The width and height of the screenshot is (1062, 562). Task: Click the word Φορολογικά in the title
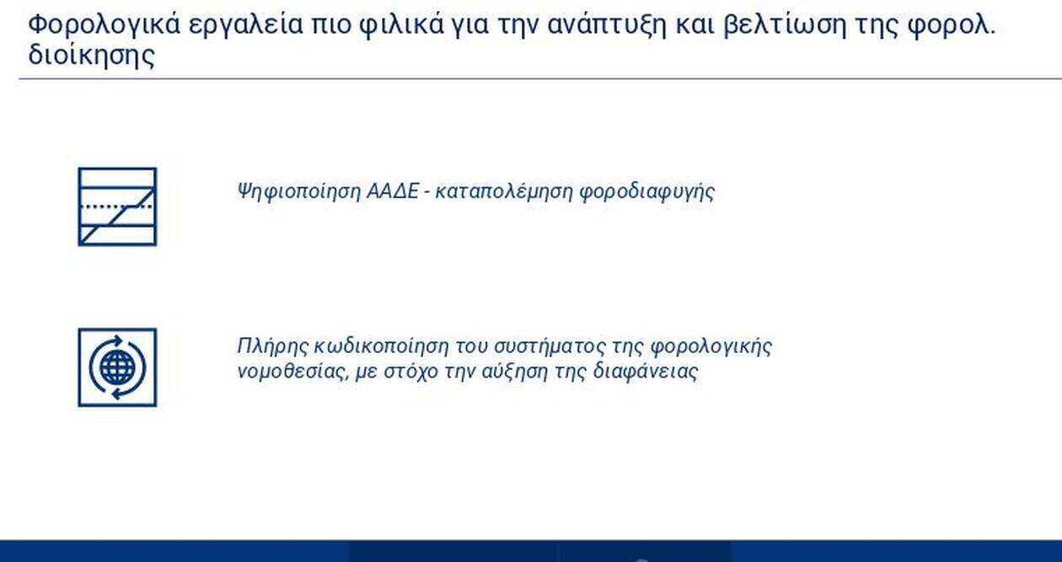tap(105, 24)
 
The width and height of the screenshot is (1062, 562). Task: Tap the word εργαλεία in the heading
tap(245, 24)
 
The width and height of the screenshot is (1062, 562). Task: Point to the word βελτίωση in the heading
tap(786, 24)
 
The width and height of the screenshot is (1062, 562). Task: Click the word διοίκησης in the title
tap(92, 56)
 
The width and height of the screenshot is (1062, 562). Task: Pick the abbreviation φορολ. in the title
tap(951, 25)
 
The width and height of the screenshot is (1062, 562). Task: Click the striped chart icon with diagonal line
tap(118, 206)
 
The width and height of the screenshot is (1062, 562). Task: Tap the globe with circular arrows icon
tap(118, 367)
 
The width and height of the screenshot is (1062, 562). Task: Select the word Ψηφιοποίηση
tap(298, 192)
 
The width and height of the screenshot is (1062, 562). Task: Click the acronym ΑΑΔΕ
tap(393, 191)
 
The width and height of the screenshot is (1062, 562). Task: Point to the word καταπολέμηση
tap(503, 192)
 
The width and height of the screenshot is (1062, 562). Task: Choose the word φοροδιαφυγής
tap(647, 192)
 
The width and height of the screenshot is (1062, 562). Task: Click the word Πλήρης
tap(272, 346)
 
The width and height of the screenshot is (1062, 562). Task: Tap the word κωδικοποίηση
tap(382, 346)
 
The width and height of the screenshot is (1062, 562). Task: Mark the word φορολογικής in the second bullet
tap(711, 346)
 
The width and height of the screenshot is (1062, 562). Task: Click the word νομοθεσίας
tap(292, 372)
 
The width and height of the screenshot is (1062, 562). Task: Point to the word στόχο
tap(410, 372)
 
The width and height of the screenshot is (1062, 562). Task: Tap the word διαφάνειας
tap(646, 372)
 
